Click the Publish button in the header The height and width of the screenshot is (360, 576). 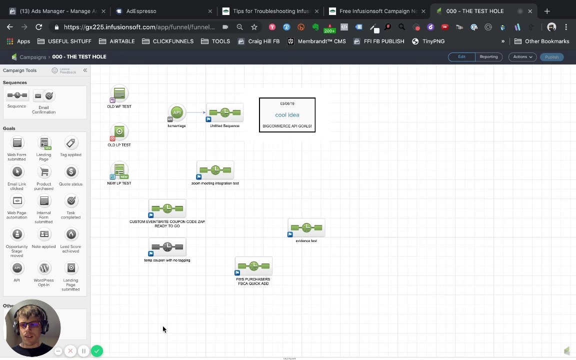click(x=551, y=57)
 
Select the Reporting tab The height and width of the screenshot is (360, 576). click(x=488, y=57)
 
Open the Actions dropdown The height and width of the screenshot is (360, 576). click(x=522, y=57)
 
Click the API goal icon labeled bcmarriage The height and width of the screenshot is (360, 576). click(x=176, y=113)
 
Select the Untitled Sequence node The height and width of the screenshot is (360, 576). click(x=224, y=113)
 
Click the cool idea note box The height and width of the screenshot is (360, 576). click(x=287, y=115)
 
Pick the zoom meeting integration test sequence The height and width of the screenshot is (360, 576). click(x=215, y=170)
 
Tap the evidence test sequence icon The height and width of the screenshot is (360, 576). click(x=306, y=228)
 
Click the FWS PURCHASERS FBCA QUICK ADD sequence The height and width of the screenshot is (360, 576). click(x=253, y=266)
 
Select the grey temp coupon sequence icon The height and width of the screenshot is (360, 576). click(x=167, y=247)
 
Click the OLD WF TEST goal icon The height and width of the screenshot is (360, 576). click(x=119, y=93)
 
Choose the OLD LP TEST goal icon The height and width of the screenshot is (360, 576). click(x=119, y=132)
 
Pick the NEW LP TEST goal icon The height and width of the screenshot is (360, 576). click(x=119, y=170)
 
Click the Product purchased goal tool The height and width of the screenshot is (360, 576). click(x=44, y=172)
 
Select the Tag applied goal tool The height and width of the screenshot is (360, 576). click(x=70, y=143)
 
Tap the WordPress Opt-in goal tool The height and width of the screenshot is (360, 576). click(x=44, y=268)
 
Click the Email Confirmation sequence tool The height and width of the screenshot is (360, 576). click(x=44, y=96)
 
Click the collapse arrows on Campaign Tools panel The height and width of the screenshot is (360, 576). click(x=85, y=70)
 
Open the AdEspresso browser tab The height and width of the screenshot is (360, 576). click(x=141, y=11)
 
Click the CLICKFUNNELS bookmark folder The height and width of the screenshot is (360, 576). click(x=168, y=41)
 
